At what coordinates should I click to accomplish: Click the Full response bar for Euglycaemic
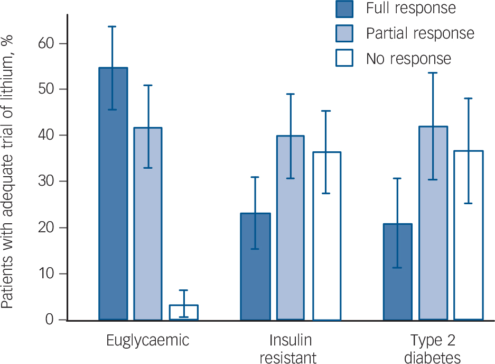click(x=114, y=194)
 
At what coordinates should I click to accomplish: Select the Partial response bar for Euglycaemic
click(x=148, y=224)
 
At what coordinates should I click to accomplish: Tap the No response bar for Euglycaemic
click(x=184, y=313)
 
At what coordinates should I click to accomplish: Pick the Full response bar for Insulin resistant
click(x=255, y=267)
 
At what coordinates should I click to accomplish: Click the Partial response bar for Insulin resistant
click(x=291, y=228)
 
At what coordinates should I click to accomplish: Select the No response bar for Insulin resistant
click(x=326, y=236)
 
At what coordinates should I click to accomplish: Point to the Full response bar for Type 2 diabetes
click(x=398, y=272)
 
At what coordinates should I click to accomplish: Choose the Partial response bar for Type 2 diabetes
click(x=433, y=223)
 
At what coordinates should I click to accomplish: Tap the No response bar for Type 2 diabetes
click(x=469, y=235)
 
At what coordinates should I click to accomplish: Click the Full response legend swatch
click(x=344, y=8)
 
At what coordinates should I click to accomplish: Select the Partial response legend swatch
click(x=344, y=33)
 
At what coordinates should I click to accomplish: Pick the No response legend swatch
click(x=344, y=58)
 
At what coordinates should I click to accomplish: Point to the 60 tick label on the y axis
click(x=46, y=43)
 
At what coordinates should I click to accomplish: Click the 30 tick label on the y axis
click(x=46, y=181)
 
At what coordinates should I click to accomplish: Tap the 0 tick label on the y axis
click(x=50, y=320)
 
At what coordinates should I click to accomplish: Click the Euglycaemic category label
click(x=148, y=341)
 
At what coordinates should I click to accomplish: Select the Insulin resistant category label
click(x=288, y=349)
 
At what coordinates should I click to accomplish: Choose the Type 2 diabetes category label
click(x=433, y=349)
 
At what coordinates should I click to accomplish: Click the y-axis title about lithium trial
click(x=7, y=172)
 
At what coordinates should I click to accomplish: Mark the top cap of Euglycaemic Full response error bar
click(x=112, y=26)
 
